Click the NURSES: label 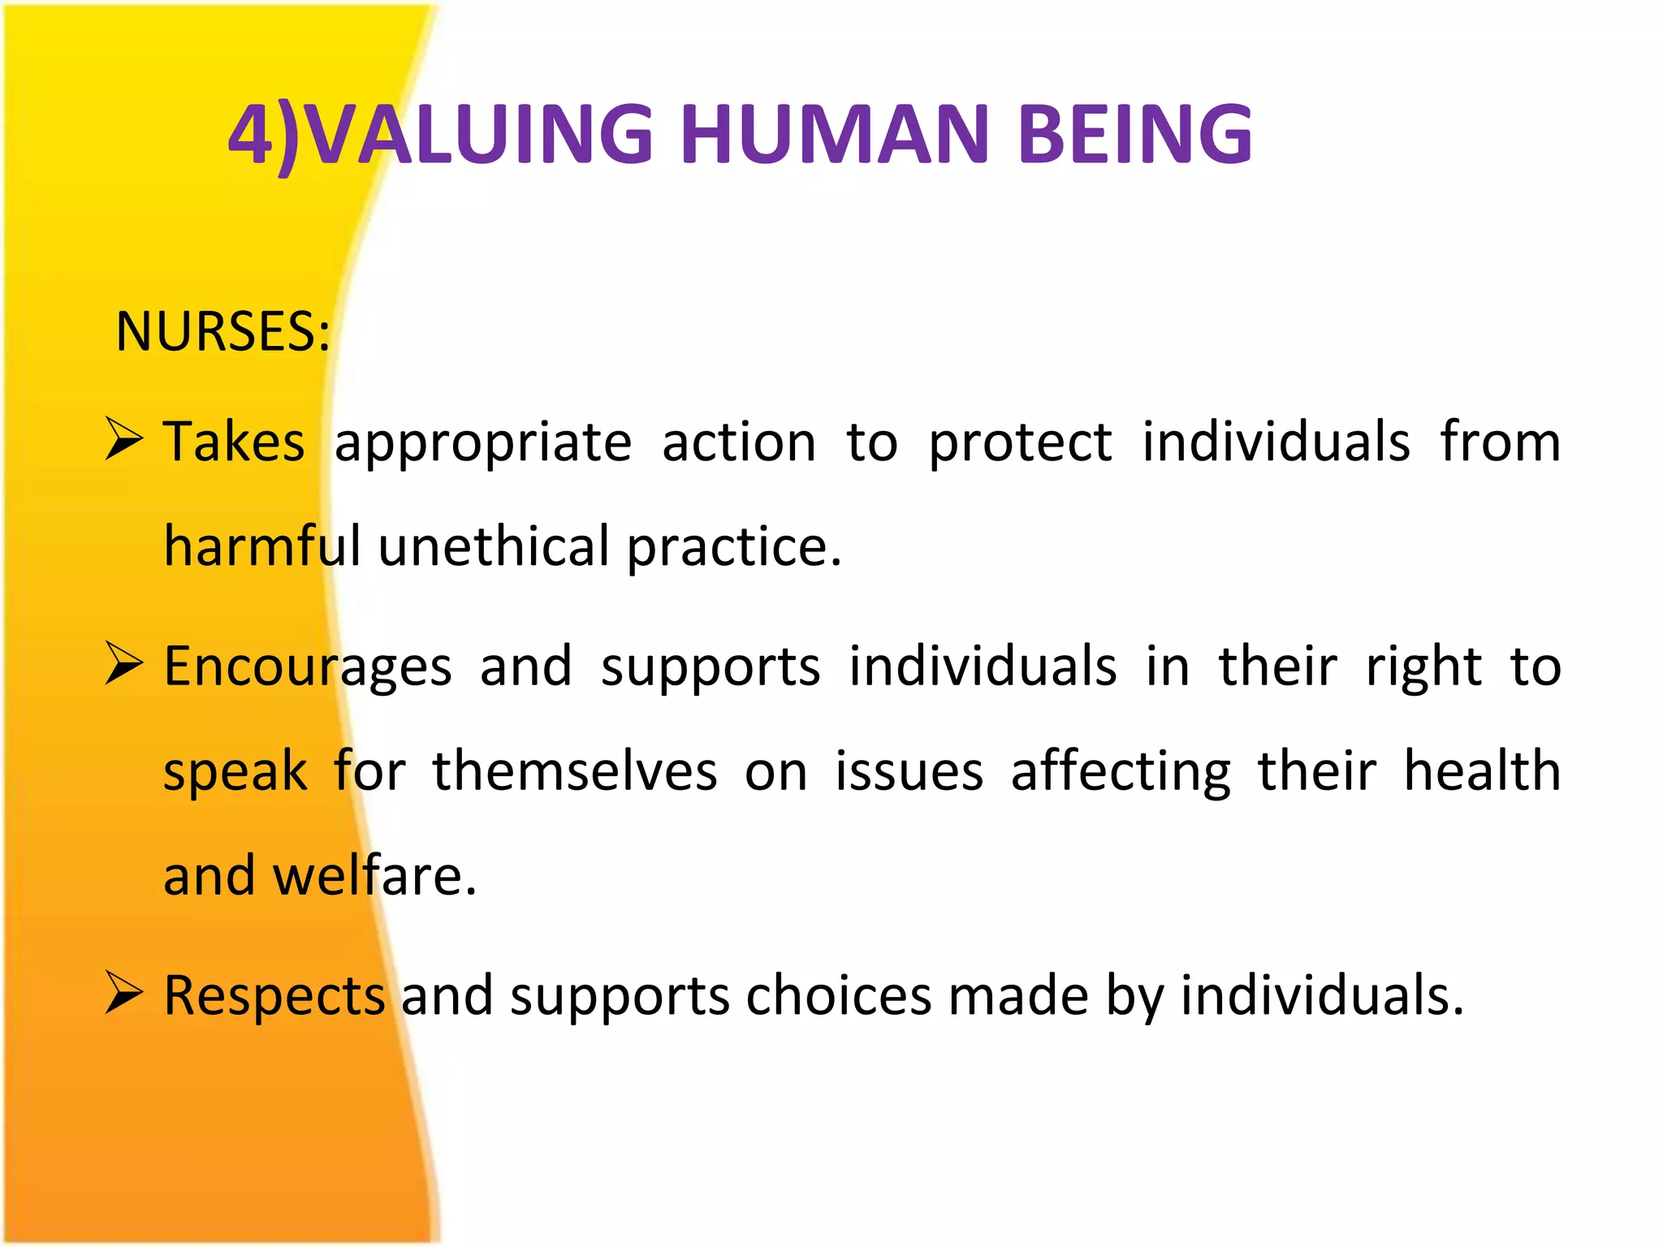[222, 332]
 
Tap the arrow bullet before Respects [124, 994]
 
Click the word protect [1020, 443]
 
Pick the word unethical [493, 546]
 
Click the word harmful [261, 546]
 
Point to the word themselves [574, 770]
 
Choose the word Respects [274, 997]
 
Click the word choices [838, 995]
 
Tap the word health [1482, 770]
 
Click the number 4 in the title [251, 134]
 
